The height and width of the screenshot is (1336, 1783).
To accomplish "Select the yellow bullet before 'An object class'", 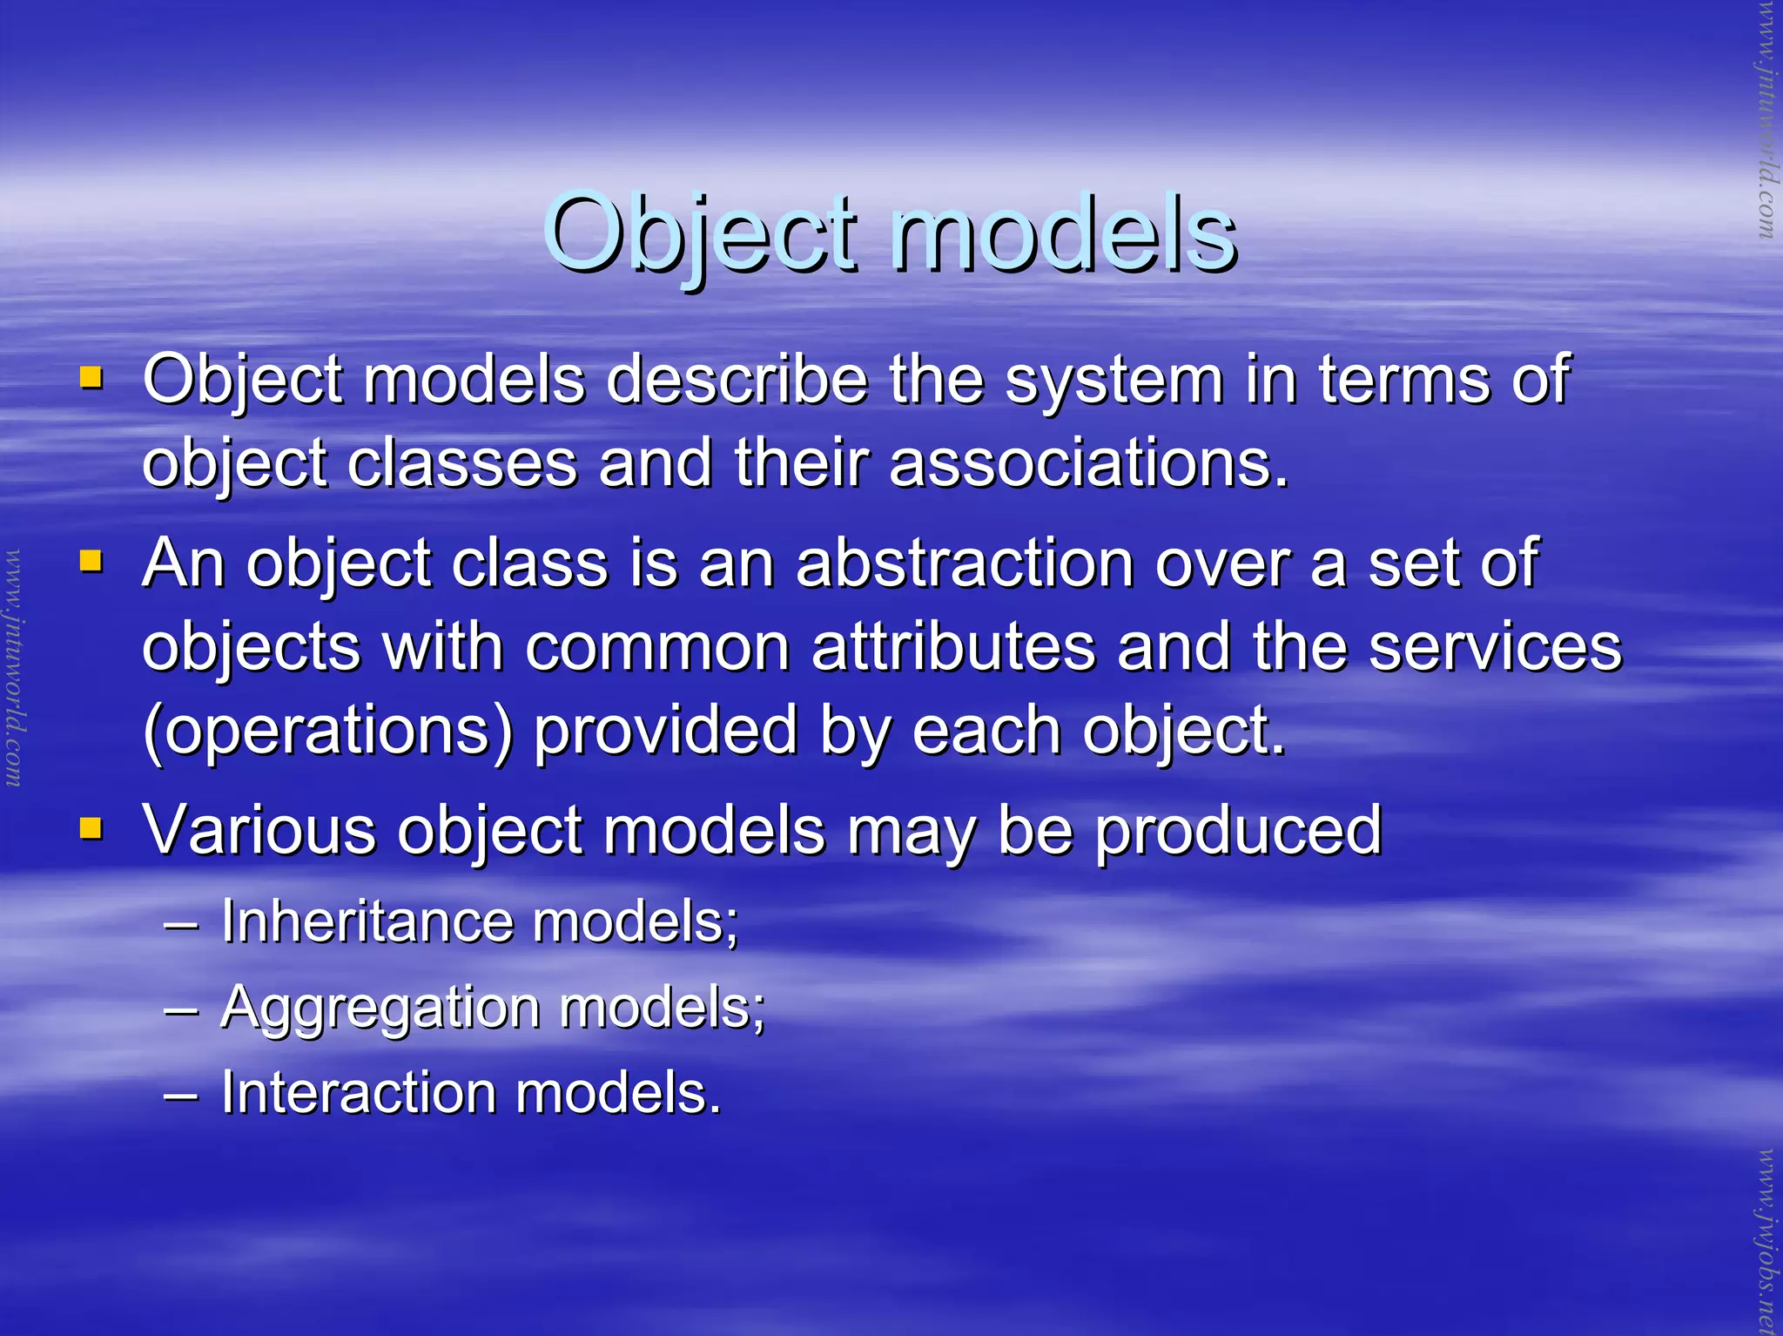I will (91, 562).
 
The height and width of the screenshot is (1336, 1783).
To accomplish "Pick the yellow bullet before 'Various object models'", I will (91, 827).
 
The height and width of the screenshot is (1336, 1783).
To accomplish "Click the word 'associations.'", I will (1088, 462).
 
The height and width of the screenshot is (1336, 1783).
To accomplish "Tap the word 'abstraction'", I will (965, 563).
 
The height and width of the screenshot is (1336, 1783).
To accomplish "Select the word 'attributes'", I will (953, 647).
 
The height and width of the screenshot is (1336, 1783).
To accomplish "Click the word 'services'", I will (1495, 647).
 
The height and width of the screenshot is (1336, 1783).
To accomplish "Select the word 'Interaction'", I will (358, 1092).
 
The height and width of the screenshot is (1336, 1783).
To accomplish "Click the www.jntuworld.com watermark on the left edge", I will (14, 668).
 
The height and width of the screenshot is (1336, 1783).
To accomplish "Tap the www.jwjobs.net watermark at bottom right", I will (1766, 1240).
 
